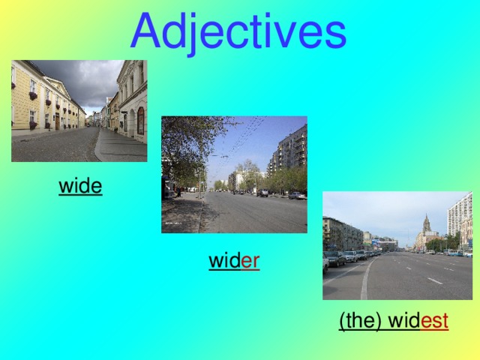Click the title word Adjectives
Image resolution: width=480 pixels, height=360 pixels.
(238, 31)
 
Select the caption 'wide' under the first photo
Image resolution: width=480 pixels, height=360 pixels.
(80, 185)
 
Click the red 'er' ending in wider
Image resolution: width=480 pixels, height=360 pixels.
(250, 262)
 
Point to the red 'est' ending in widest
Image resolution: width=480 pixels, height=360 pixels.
(435, 322)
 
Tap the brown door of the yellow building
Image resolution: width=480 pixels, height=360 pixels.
(57, 121)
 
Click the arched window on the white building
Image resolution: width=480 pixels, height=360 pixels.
(140, 120)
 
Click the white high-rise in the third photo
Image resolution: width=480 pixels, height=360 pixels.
(459, 217)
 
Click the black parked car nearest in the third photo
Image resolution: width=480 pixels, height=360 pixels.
(335, 259)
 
